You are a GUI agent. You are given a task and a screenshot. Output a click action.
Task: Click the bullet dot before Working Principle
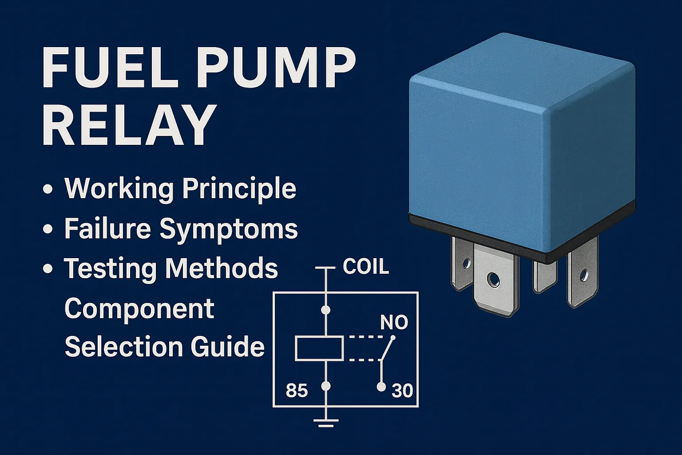48,189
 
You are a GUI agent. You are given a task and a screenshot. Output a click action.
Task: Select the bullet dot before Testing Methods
48,269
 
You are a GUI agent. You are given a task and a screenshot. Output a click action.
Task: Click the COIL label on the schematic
366,267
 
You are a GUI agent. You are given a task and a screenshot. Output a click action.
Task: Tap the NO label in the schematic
394,323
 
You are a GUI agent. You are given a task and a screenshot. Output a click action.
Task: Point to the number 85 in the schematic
297,391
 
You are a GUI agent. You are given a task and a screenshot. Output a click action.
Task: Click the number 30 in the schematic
402,391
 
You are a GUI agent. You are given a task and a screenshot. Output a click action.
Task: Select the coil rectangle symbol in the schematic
319,348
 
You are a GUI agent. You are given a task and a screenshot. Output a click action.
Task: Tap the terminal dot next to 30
381,387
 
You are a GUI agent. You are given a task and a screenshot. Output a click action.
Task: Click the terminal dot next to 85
326,387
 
